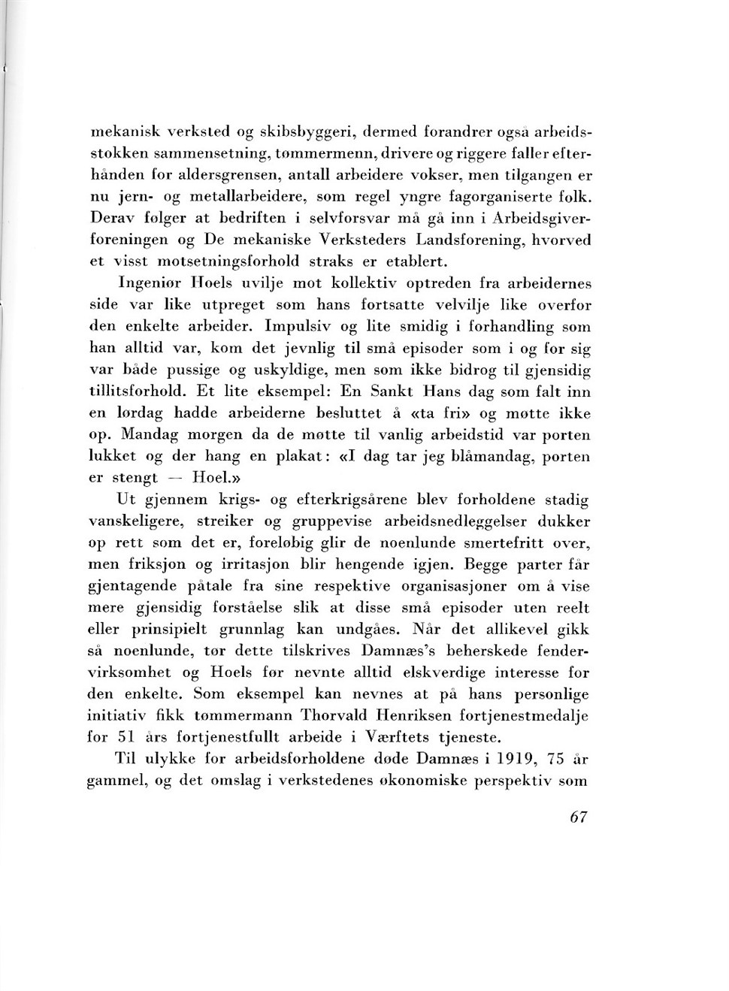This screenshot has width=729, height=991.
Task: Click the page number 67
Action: pos(577,818)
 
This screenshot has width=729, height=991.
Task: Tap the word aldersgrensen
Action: pos(216,175)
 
